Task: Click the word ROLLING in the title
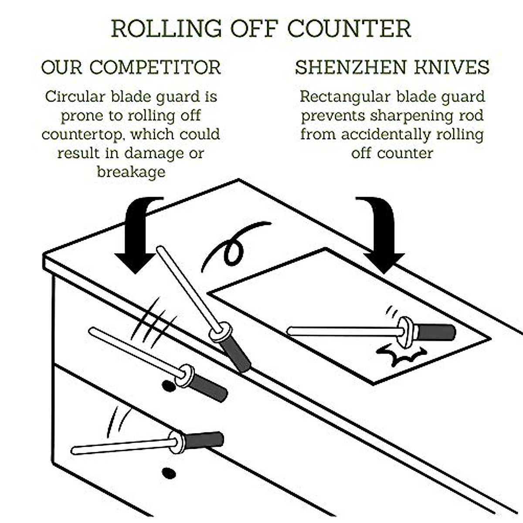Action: coord(166,28)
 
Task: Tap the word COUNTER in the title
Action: coord(349,28)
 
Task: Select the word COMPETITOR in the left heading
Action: coord(155,68)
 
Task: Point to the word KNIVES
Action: coord(452,68)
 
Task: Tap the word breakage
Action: coord(131,172)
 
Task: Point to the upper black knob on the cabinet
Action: coord(169,386)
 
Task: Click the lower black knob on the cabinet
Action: coord(169,474)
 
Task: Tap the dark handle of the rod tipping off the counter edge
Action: coord(235,355)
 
